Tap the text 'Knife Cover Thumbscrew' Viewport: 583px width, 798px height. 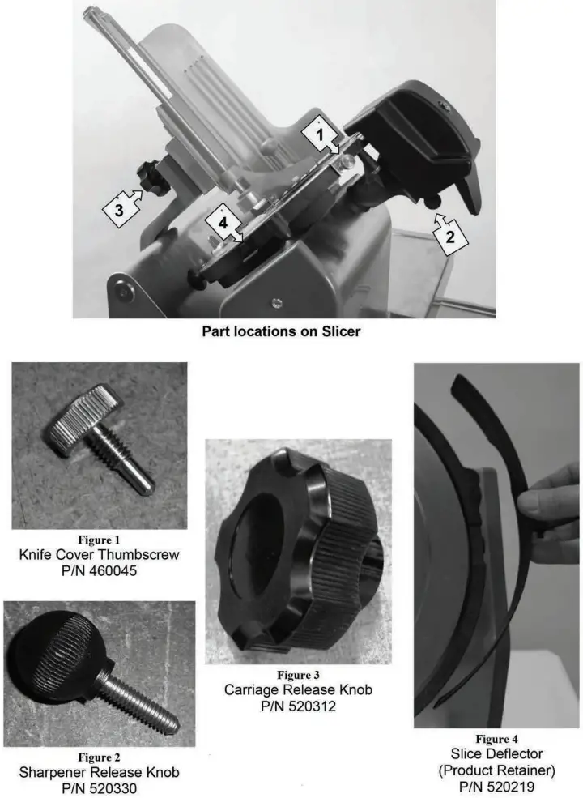(x=99, y=555)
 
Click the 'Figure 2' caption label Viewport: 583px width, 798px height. (x=99, y=757)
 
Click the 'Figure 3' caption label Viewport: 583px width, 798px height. (x=299, y=675)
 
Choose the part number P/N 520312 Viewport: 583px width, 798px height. (x=299, y=706)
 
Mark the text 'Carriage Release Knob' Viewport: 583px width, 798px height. (x=299, y=690)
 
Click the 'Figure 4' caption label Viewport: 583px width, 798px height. (x=497, y=739)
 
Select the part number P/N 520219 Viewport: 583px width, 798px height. (x=497, y=786)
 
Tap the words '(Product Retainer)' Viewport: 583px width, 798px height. (x=497, y=770)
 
